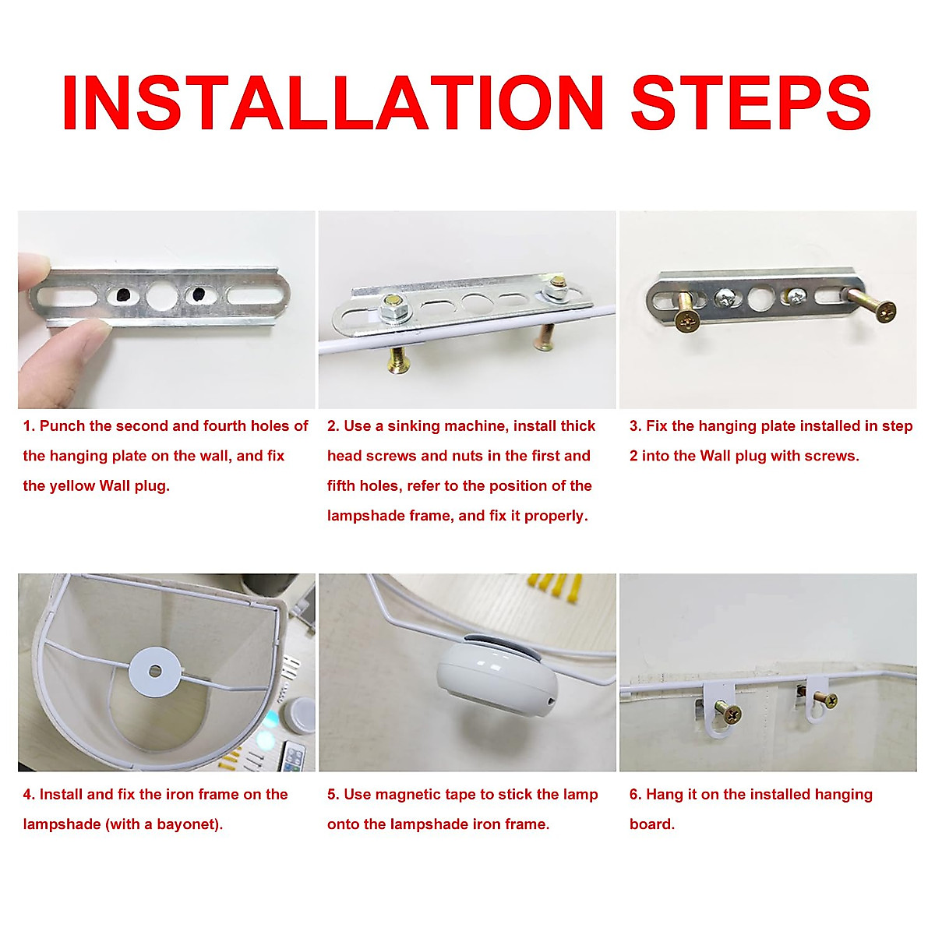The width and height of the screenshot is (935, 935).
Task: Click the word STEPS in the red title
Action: coord(750,102)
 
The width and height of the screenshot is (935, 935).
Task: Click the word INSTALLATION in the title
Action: coord(333,102)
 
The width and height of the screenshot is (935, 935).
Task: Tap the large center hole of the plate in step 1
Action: coord(162,295)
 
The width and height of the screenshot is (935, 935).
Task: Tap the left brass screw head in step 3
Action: coord(687,321)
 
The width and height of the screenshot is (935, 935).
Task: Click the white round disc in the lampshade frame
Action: coord(155,671)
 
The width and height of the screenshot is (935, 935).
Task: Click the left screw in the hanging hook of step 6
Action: coord(728,713)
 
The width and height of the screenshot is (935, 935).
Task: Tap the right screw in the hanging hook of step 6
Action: coord(827,700)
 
